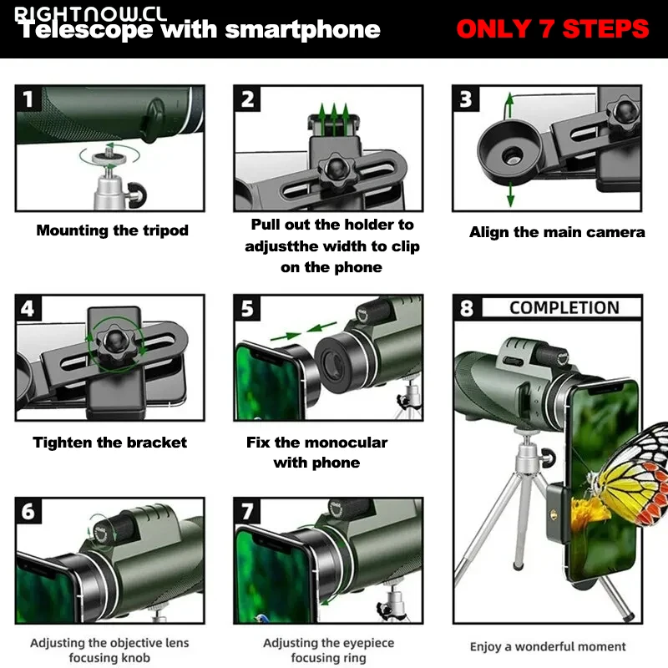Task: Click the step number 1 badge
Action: click(28, 99)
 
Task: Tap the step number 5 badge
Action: click(247, 308)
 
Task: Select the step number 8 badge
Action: click(467, 307)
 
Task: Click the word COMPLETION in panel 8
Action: click(564, 307)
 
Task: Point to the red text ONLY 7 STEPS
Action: click(553, 29)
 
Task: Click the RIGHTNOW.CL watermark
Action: click(90, 14)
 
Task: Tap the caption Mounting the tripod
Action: click(112, 230)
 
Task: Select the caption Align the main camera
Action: click(557, 232)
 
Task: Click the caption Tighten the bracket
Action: click(110, 443)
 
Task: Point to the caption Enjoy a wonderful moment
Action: click(548, 646)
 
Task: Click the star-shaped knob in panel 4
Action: click(114, 342)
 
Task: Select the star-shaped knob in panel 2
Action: click(337, 171)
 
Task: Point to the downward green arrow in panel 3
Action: click(510, 195)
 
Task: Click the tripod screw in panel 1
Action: click(109, 155)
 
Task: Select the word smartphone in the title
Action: click(302, 30)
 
